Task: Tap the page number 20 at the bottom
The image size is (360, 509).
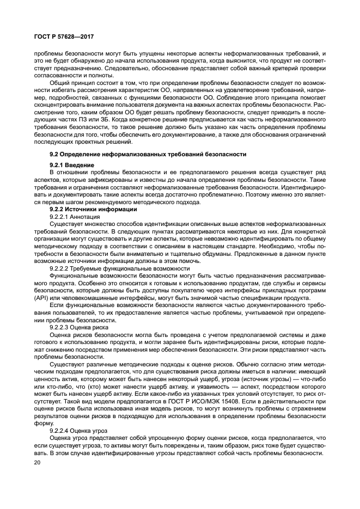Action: [x=38, y=462]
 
